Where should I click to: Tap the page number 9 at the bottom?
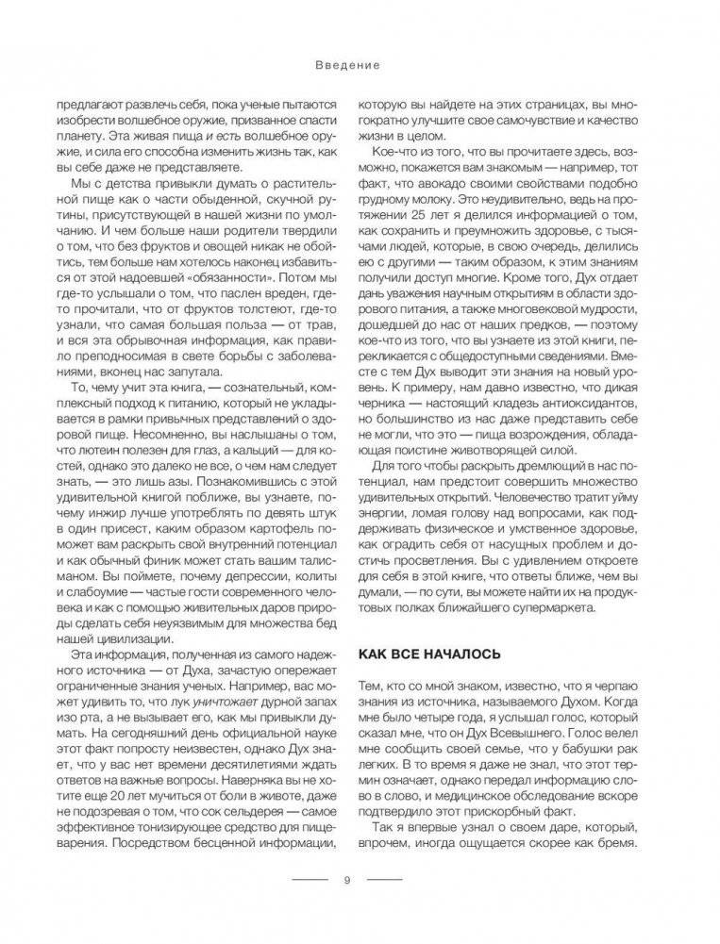coord(346,881)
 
